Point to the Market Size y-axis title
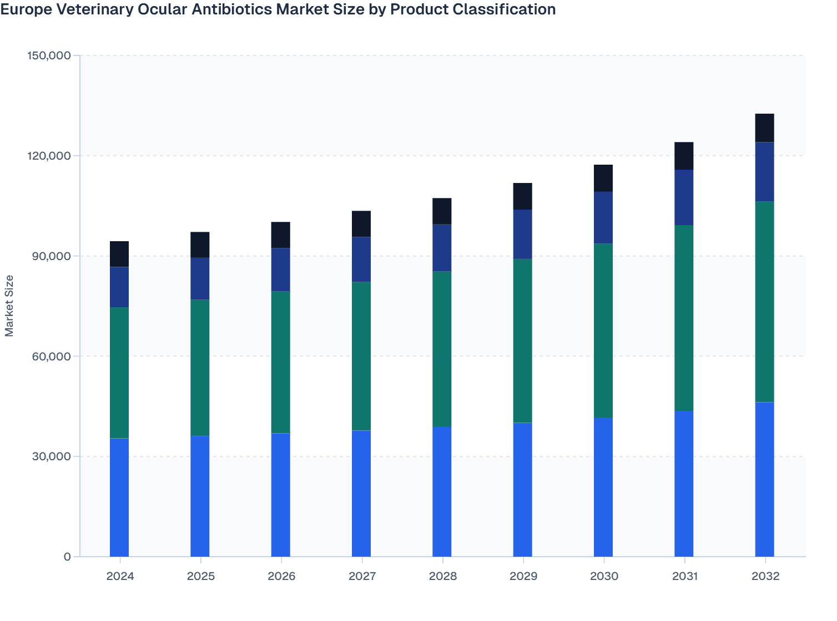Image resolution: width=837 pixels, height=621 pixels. (x=9, y=306)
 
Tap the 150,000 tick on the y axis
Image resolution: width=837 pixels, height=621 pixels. (x=49, y=55)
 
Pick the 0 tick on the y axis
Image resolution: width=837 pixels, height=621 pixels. (x=67, y=557)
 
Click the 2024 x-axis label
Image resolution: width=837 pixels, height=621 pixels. (x=120, y=576)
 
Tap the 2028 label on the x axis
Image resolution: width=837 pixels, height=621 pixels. (x=442, y=576)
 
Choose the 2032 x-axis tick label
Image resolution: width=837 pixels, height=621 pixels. (x=765, y=576)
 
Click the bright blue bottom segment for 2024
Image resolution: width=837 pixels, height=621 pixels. (x=119, y=497)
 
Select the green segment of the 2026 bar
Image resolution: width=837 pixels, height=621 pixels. (x=281, y=362)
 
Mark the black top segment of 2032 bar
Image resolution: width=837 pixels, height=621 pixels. (x=764, y=128)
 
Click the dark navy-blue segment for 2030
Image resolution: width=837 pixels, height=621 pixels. (x=603, y=217)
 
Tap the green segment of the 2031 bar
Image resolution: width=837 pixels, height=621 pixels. (x=684, y=318)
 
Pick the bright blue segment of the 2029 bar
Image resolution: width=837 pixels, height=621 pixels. (x=522, y=490)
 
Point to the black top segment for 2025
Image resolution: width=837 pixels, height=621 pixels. (x=200, y=245)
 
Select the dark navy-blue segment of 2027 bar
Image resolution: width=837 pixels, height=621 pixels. (x=361, y=259)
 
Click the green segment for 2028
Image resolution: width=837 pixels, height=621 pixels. (x=442, y=349)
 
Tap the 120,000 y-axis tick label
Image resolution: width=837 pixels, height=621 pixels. (x=49, y=156)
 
